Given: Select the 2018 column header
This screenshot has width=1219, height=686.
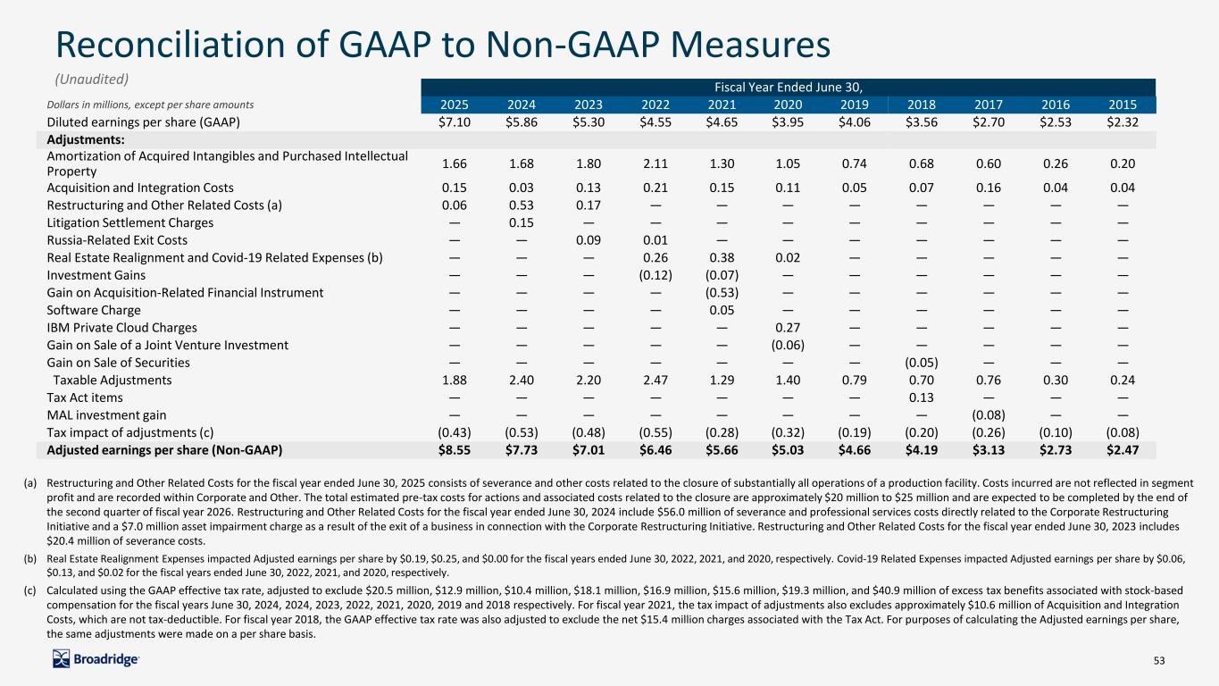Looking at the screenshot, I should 921,104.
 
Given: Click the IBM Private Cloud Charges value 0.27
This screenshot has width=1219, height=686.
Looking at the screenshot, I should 787,328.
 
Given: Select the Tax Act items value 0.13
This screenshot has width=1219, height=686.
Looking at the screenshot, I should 921,397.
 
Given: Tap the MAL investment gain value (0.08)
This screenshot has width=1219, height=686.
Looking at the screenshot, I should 988,415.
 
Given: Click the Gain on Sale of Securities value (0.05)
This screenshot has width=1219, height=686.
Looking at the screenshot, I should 921,363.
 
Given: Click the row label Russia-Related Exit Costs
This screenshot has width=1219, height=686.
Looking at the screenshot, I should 117,240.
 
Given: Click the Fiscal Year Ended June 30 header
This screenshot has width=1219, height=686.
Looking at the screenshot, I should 786,87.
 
